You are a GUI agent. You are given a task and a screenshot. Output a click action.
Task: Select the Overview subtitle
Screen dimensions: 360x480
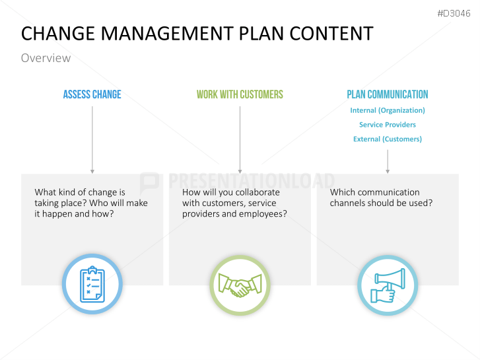pos(46,58)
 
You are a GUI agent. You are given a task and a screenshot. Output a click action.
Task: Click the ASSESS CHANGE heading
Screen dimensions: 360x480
pos(92,94)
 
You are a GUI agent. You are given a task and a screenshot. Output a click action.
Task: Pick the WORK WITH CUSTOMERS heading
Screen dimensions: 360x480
pos(240,94)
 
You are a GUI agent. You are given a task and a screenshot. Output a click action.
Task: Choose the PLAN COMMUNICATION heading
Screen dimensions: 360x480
pos(388,94)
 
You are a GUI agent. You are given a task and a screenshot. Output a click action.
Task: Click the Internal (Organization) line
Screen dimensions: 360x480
pos(388,110)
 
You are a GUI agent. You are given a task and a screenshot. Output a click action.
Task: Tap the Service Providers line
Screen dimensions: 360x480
pos(388,124)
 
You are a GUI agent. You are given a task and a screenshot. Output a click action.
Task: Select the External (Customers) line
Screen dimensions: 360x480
pos(388,139)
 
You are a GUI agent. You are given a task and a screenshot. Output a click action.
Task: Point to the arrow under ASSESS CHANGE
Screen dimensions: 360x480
pos(92,139)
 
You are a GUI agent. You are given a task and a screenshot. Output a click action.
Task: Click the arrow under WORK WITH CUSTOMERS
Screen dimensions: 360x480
pos(240,139)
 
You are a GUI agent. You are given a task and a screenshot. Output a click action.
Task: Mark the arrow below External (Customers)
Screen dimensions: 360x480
pos(388,161)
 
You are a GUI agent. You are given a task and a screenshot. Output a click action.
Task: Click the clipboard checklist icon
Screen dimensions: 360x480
pos(92,285)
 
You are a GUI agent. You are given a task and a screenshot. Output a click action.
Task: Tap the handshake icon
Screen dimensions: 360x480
pos(240,285)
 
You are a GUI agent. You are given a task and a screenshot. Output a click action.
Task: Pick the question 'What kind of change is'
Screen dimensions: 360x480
pos(80,192)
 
